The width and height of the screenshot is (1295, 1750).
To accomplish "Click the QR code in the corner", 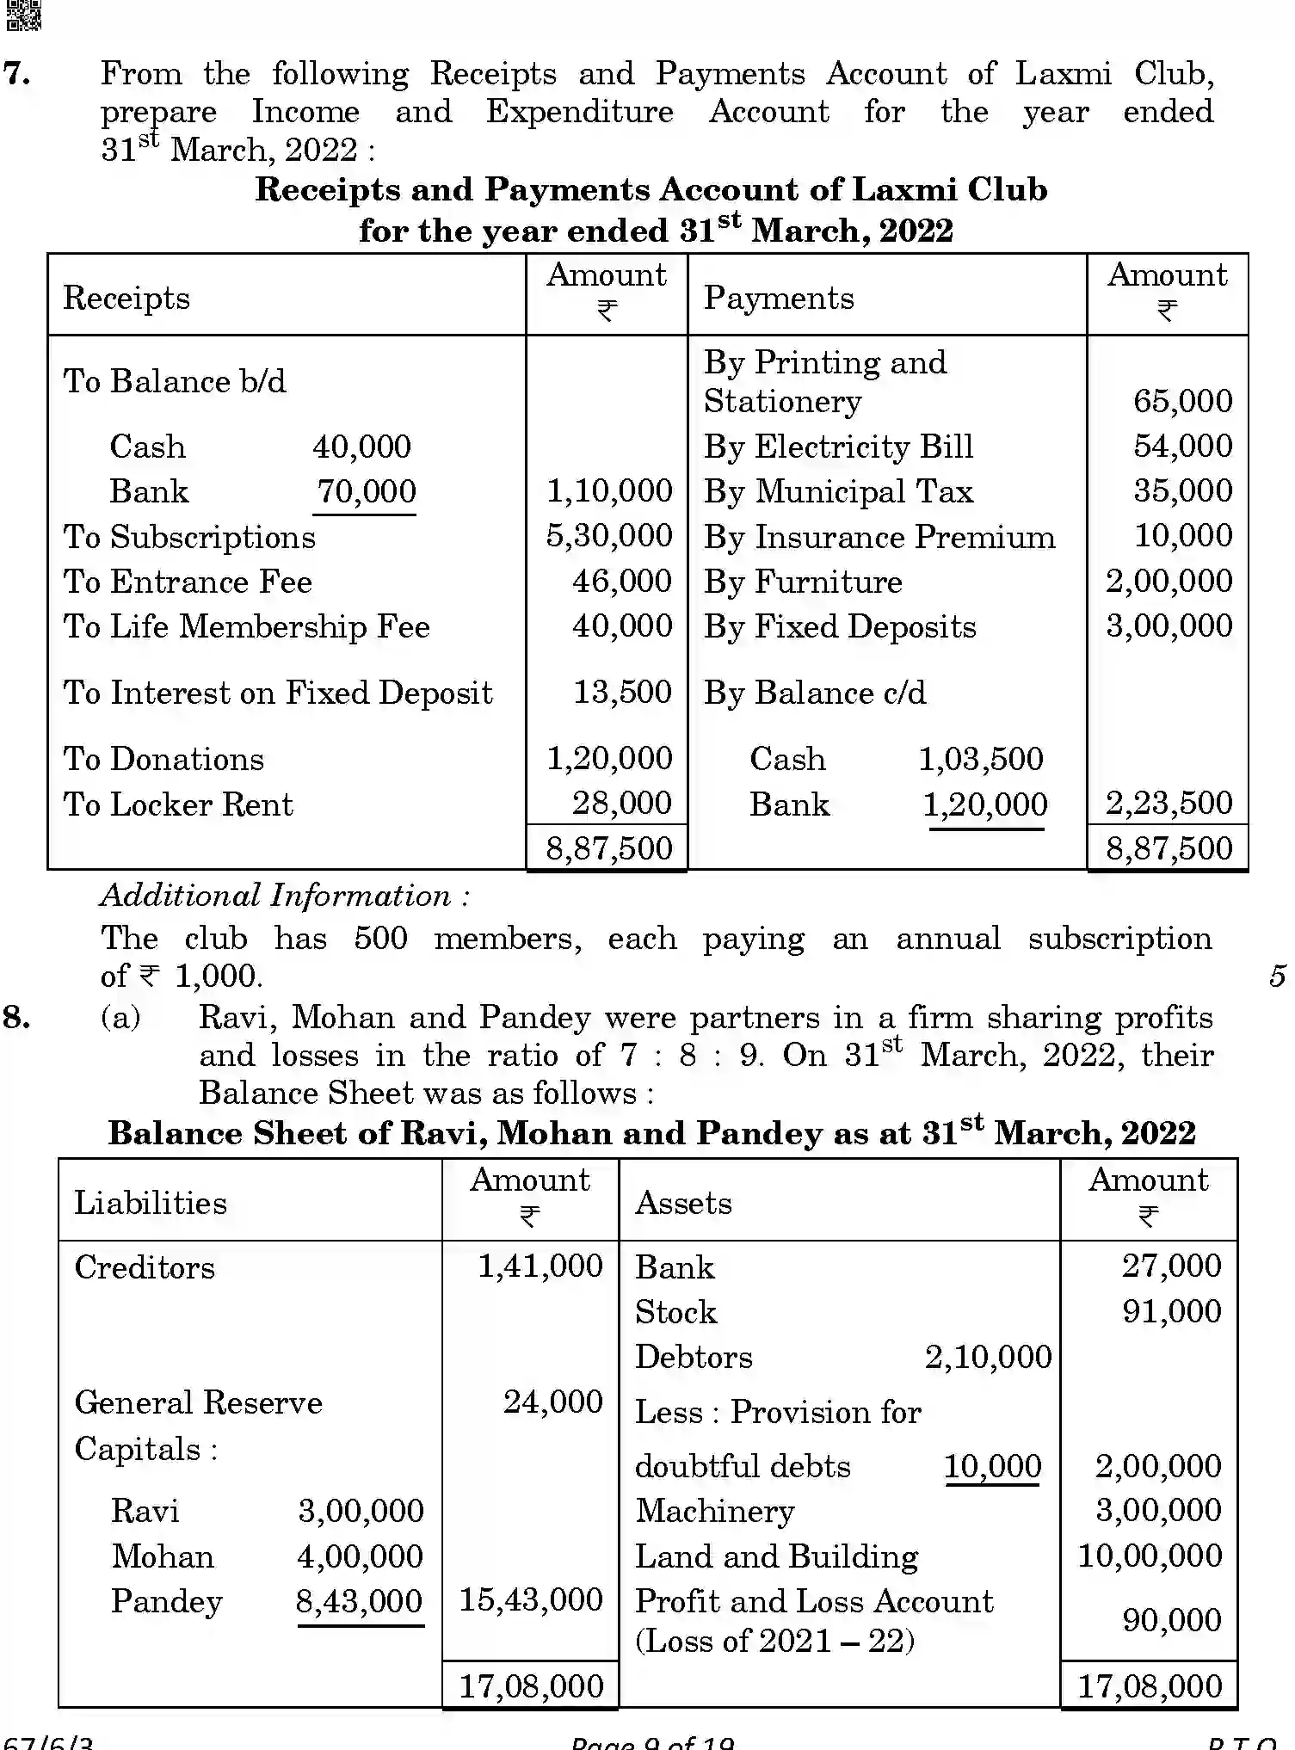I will [x=23, y=15].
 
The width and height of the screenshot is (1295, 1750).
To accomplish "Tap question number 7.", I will [x=17, y=73].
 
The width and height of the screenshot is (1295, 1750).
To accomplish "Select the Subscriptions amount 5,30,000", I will [x=609, y=536].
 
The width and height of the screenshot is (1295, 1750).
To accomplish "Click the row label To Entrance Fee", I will [x=188, y=582].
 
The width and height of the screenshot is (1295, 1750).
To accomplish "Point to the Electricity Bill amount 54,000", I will [x=1182, y=447].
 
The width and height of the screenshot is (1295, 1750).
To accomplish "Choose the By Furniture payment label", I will [x=803, y=582].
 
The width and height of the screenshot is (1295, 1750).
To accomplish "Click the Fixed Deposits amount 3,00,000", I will [x=1169, y=626].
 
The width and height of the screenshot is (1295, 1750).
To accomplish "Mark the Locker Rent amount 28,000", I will [x=621, y=804].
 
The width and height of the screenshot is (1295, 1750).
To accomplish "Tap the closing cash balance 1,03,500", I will [x=980, y=759].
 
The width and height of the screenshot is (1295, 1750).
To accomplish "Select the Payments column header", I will [x=779, y=298].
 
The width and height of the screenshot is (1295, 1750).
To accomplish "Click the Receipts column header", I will [x=126, y=299].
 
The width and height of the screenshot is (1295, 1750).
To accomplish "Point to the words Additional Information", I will [x=285, y=896].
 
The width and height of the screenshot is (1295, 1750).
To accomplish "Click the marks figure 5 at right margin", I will [x=1277, y=976].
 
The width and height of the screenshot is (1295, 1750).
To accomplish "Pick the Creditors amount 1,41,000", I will [x=540, y=1266].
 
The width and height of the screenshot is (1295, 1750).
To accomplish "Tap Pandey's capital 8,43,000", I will [x=359, y=1600].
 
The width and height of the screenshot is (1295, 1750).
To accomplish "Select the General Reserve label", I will [x=198, y=1402].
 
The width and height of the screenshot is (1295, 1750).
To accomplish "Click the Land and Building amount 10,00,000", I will [x=1150, y=1556].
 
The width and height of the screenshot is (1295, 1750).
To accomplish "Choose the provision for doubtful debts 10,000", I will [x=992, y=1466].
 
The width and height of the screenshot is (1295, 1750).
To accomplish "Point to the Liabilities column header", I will [x=151, y=1203].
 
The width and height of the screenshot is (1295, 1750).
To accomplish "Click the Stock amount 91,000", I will [x=1171, y=1311].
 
